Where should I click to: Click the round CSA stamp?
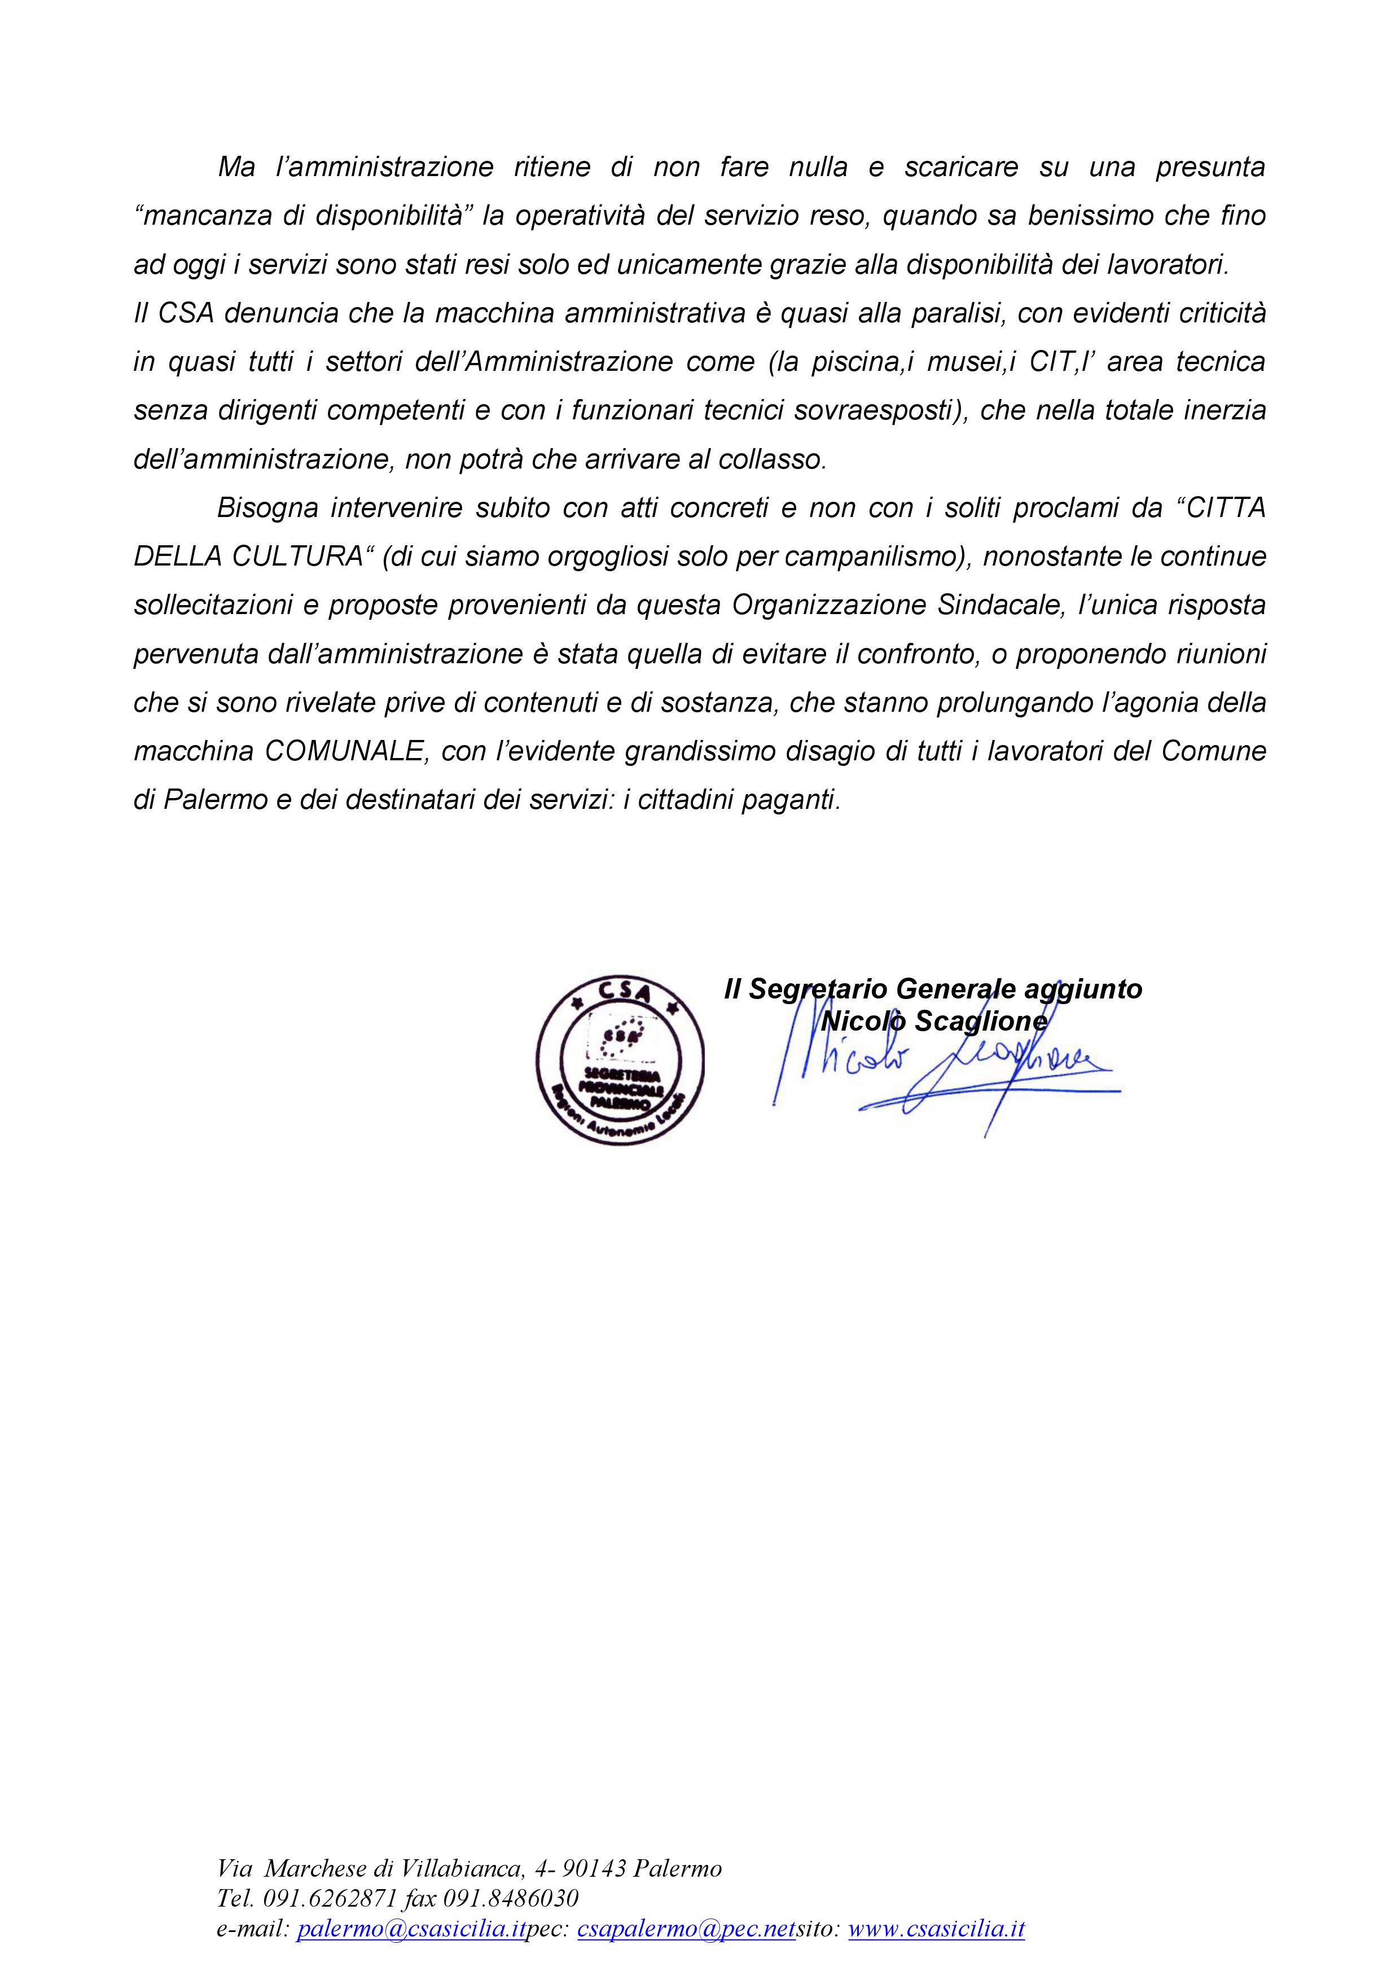pyautogui.click(x=619, y=1061)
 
